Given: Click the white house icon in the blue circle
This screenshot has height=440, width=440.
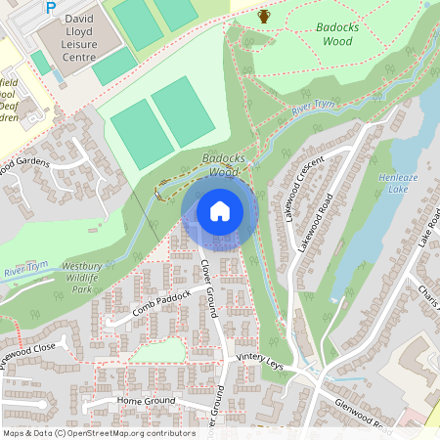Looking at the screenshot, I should pyautogui.click(x=220, y=211).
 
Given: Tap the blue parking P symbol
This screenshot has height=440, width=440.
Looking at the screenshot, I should pyautogui.click(x=51, y=8).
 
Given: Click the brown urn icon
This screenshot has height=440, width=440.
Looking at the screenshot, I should pyautogui.click(x=264, y=15).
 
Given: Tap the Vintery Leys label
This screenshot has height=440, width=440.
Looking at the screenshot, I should pyautogui.click(x=260, y=362).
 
